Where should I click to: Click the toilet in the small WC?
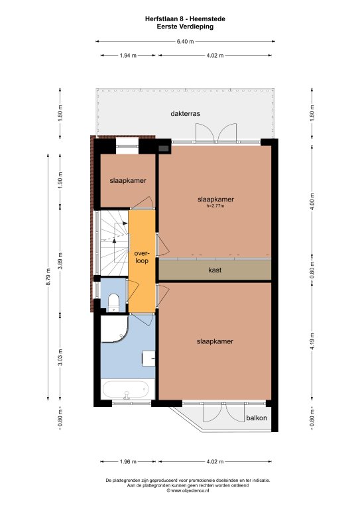pos(113,302)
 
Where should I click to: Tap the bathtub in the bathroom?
pos(125,390)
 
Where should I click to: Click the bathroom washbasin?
pos(149,359)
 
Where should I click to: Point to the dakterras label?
pos(186,113)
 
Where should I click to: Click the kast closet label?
pos(215,270)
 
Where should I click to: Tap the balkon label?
pos(257,418)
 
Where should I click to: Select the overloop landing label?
pos(141,256)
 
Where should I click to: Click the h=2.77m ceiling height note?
pos(215,206)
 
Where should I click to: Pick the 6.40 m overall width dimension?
pos(186,41)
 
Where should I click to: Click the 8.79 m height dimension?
pos(48,276)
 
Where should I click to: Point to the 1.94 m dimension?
pos(128,55)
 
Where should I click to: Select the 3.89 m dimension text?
pos(60,261)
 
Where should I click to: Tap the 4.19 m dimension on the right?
pos(312,341)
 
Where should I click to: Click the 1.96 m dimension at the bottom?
pos(128,461)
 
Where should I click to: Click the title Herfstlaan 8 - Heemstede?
pos(185,19)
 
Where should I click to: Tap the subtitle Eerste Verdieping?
pos(185,27)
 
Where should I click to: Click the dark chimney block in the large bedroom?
pos(164,148)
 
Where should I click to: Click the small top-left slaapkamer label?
pos(128,181)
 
